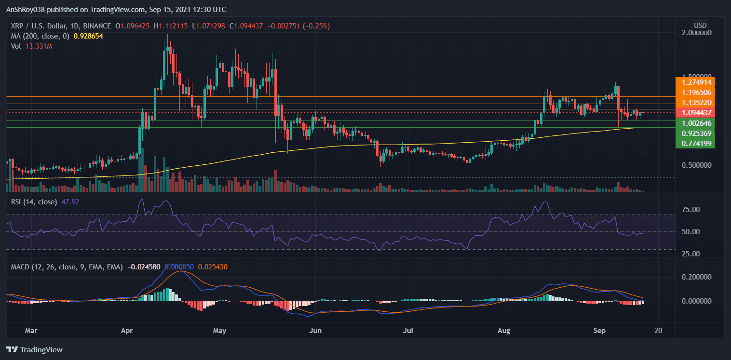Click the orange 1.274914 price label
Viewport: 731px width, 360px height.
pyautogui.click(x=695, y=82)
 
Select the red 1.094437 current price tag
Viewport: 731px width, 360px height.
pyautogui.click(x=695, y=112)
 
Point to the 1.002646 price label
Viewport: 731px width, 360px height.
pyautogui.click(x=695, y=123)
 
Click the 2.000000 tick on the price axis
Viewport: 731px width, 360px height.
pyautogui.click(x=695, y=33)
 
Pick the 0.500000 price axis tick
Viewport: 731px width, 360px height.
pyautogui.click(x=695, y=165)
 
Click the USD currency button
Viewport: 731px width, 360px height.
pyautogui.click(x=700, y=25)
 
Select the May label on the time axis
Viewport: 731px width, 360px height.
pyautogui.click(x=220, y=331)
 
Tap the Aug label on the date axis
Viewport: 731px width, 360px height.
pyautogui.click(x=504, y=331)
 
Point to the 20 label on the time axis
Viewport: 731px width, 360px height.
pyautogui.click(x=658, y=331)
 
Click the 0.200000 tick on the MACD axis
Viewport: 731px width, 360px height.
pyautogui.click(x=695, y=277)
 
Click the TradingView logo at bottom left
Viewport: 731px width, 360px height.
pyautogui.click(x=34, y=349)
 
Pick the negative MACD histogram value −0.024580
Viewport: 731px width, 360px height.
pyautogui.click(x=144, y=267)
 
